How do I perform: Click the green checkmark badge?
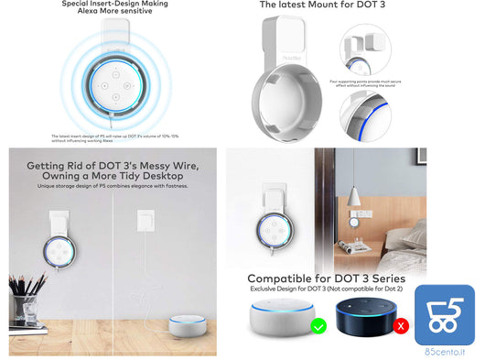[318, 325]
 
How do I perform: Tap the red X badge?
[399, 325]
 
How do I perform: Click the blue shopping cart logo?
[444, 314]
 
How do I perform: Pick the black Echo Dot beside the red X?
[363, 319]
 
